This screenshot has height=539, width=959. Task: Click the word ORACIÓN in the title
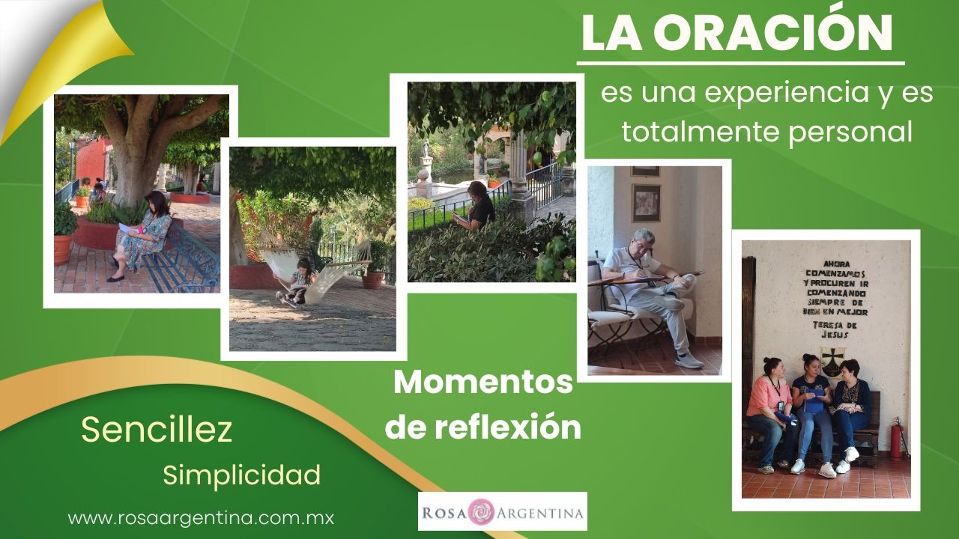click(772, 32)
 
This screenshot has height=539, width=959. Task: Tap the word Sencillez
click(157, 430)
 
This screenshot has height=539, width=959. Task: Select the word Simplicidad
click(241, 475)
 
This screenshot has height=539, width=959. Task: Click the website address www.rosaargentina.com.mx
click(201, 519)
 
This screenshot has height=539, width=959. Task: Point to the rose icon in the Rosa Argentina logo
click(481, 511)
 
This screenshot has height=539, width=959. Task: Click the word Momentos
click(483, 383)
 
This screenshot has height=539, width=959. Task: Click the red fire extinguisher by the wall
click(898, 437)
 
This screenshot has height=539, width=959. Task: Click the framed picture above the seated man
click(647, 203)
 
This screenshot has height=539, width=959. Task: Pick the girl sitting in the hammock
click(297, 282)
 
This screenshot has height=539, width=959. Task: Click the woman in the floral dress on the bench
click(142, 235)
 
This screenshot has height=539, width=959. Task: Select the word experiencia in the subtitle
click(766, 94)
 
